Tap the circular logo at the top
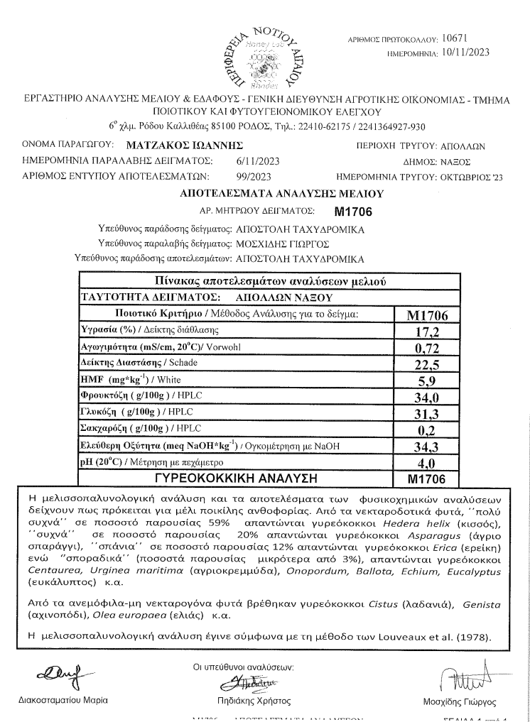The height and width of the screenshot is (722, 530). tap(264, 53)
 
